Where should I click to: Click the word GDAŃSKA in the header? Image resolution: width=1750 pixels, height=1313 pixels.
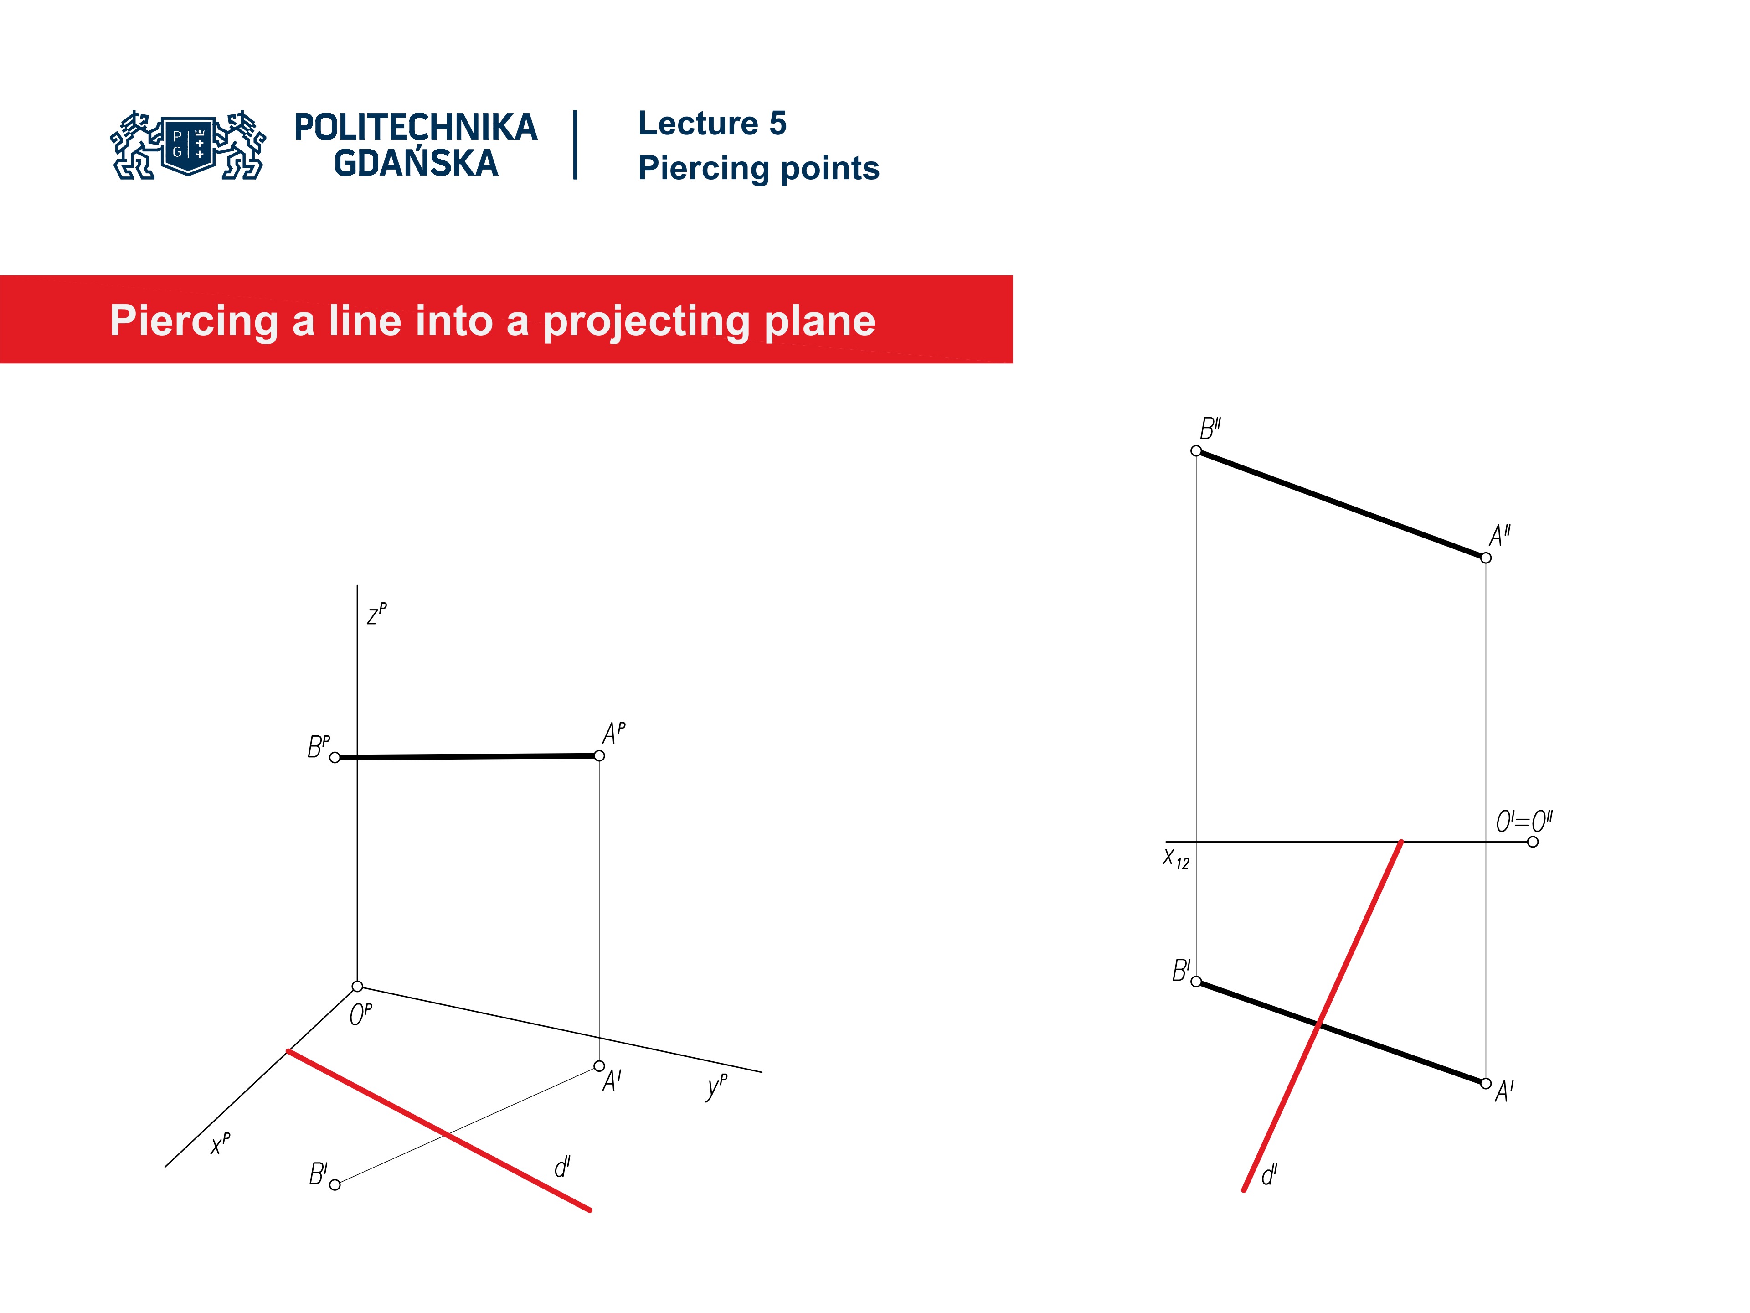coord(416,164)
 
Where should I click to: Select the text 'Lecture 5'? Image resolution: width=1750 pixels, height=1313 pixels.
coord(712,124)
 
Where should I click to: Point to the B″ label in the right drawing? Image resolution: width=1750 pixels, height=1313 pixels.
coord(1210,429)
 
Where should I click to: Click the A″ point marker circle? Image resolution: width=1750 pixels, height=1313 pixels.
coord(1486,558)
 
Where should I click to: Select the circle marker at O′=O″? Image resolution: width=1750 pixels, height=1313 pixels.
coord(1533,841)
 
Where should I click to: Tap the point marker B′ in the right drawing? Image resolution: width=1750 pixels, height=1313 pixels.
coord(1196,982)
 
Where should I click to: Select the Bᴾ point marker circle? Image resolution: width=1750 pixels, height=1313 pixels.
coord(335,757)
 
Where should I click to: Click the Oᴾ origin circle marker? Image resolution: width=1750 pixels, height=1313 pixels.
coord(358,986)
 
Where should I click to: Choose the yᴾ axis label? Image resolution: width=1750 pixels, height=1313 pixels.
coord(716,1087)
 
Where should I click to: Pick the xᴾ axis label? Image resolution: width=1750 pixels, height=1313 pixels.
coord(221,1143)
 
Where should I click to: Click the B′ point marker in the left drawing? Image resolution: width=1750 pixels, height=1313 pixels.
coord(335,1185)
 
